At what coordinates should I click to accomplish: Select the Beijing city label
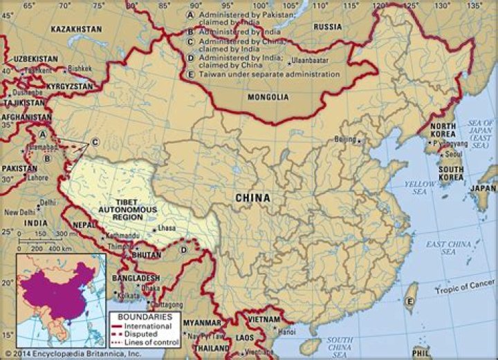click(x=345, y=139)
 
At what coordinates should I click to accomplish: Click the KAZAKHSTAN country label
click(x=75, y=30)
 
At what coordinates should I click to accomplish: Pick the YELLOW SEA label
click(x=420, y=188)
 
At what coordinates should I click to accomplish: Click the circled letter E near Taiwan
click(x=409, y=301)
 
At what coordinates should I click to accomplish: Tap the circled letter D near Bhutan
click(x=184, y=249)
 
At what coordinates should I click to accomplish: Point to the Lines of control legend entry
click(x=157, y=342)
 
